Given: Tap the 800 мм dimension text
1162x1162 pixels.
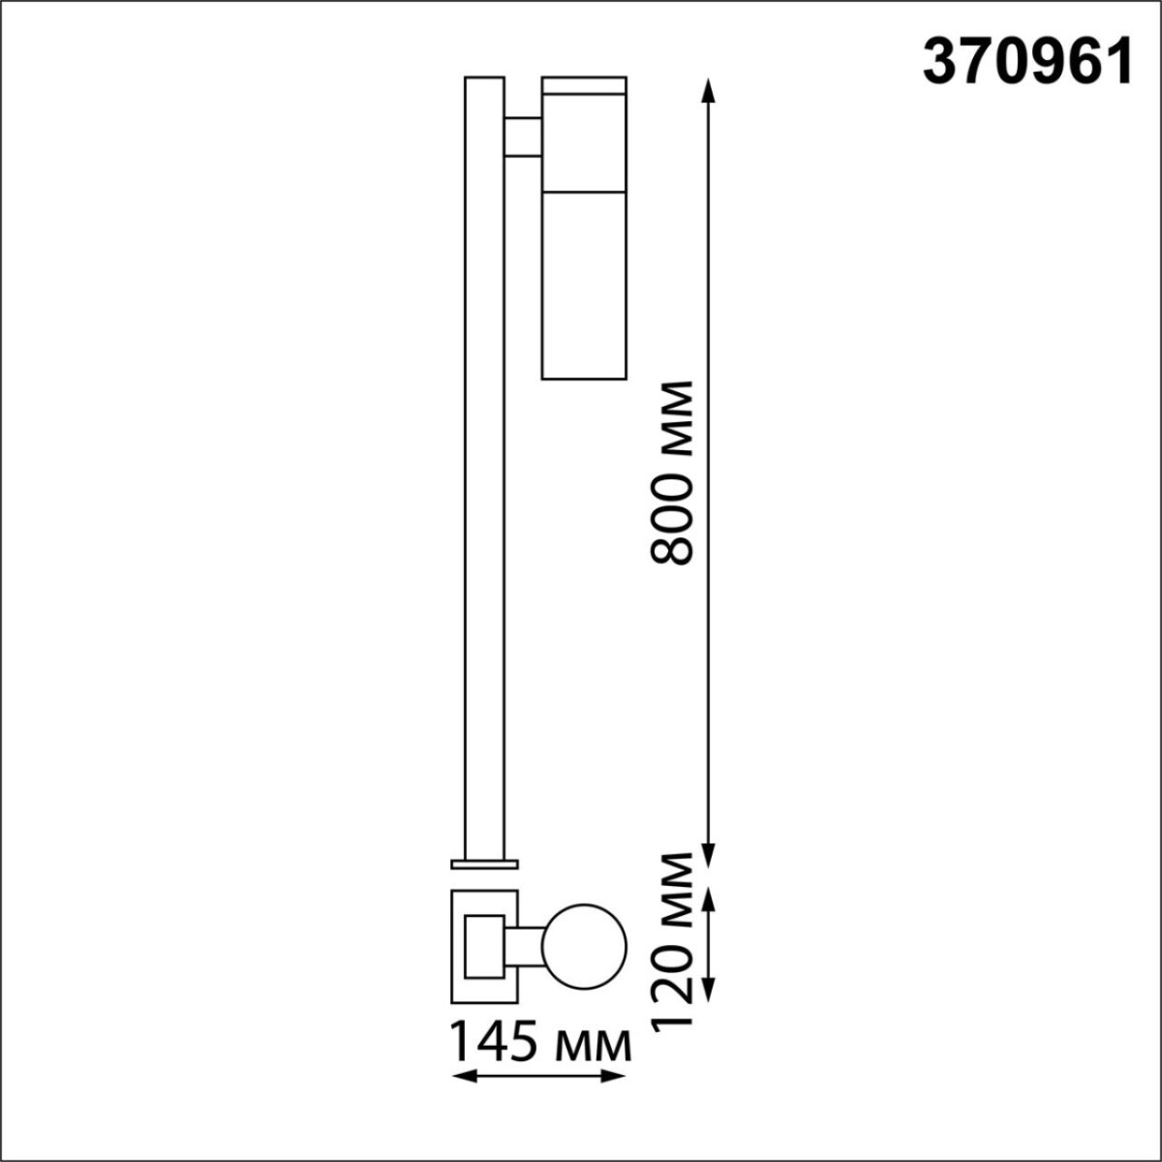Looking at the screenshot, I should click(x=672, y=472).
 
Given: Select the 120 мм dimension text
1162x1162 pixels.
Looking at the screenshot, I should click(x=672, y=941).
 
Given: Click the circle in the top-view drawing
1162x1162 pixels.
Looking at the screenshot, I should click(x=585, y=946).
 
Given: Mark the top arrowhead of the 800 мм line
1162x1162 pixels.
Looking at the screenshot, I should click(x=708, y=89).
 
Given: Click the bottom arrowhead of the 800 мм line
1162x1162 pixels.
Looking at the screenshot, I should click(x=708, y=858).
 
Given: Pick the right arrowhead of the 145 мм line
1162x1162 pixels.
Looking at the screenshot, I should click(x=616, y=1077).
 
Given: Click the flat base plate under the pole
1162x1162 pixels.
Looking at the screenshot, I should click(x=484, y=863).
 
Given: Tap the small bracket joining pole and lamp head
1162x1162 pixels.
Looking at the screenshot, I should click(x=523, y=137).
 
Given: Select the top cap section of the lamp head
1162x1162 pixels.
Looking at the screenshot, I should click(x=584, y=84).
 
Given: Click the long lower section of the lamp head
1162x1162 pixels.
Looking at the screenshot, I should click(x=584, y=283).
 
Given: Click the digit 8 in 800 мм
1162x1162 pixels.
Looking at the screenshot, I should click(x=672, y=547).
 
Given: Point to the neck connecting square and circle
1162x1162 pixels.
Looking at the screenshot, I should click(x=523, y=946).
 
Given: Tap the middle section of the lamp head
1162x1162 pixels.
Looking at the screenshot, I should click(x=584, y=141).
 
